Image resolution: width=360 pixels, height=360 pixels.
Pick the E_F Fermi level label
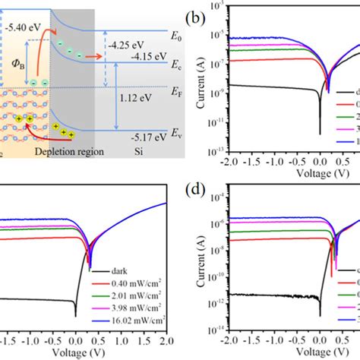tap(174, 90)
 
